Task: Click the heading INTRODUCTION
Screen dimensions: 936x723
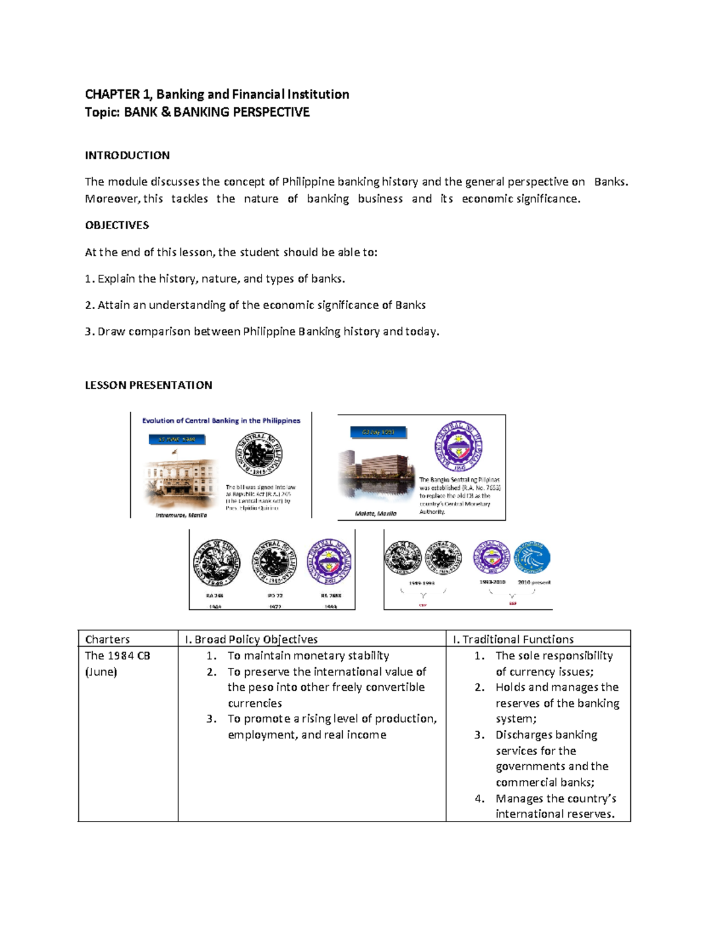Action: (127, 155)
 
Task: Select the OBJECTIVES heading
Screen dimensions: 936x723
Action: (117, 225)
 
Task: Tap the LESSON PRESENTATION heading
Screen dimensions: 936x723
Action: (148, 385)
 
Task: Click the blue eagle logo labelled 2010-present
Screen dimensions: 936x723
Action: (532, 558)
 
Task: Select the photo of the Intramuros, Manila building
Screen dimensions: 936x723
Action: (180, 484)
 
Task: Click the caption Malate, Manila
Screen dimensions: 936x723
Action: (376, 514)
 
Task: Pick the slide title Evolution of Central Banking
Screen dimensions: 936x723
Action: (221, 421)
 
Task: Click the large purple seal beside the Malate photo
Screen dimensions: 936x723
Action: (459, 447)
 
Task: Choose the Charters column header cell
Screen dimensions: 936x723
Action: (107, 639)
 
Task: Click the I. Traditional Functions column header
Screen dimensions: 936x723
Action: (513, 639)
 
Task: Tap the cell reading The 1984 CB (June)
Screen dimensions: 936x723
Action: (117, 663)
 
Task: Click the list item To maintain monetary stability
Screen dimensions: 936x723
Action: (308, 655)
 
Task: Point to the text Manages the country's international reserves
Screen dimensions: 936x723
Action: (555, 806)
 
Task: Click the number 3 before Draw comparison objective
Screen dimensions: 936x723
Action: (89, 331)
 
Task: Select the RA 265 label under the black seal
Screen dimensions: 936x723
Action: (214, 595)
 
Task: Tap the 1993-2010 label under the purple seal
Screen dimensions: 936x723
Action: (492, 582)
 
